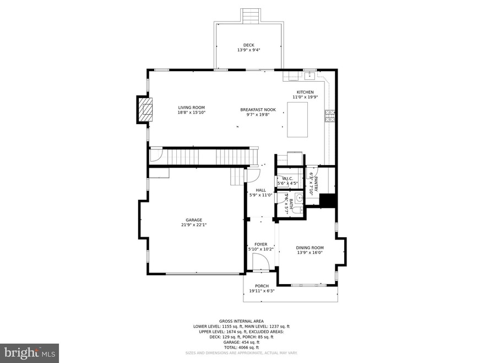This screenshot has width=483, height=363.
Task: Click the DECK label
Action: point(248,45)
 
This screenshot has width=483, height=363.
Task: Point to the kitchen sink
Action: point(309,76)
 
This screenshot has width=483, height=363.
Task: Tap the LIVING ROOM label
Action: point(191,108)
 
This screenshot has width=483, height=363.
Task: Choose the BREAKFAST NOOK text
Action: point(258,110)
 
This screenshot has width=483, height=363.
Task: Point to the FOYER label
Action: point(261,244)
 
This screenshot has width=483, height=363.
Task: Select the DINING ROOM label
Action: point(310,248)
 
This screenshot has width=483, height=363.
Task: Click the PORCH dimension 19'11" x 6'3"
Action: point(262,291)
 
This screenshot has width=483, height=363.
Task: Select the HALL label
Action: point(261,190)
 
